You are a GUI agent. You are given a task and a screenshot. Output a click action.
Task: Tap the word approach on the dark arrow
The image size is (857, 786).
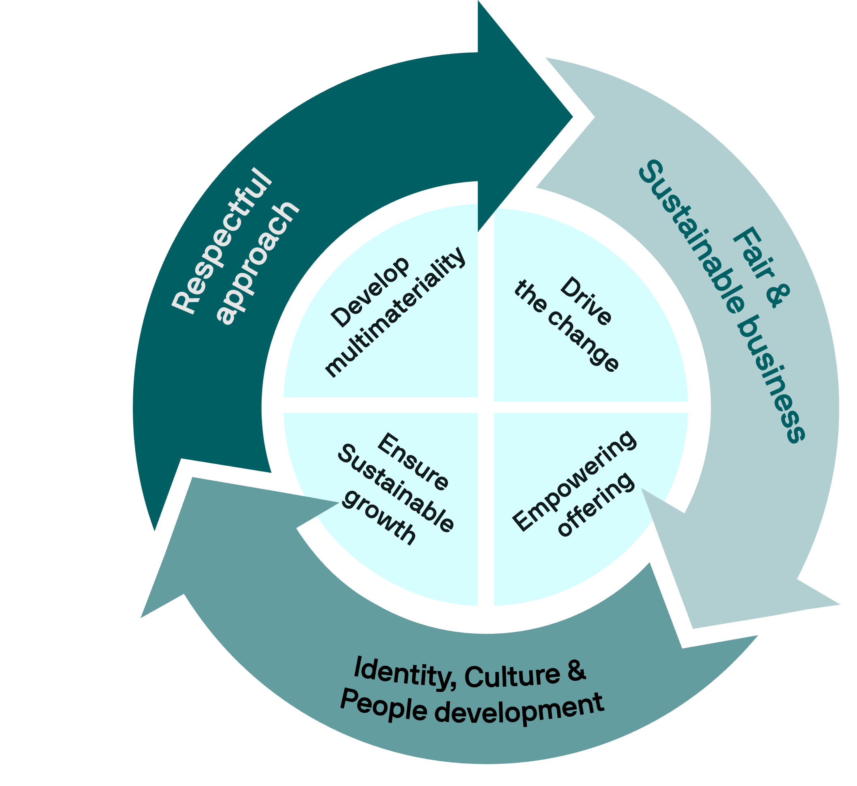pos(258,262)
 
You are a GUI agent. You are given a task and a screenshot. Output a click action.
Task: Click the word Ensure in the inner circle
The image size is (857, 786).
pos(413,462)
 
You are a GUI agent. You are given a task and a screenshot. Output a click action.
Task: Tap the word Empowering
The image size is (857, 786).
pos(575,480)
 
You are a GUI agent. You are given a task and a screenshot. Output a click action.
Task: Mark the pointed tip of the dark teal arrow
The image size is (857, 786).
pos(573,117)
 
